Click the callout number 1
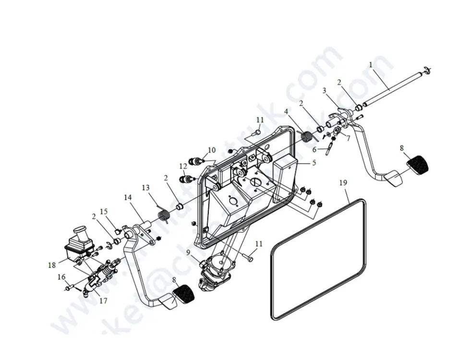click(371, 64)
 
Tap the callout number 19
click(343, 183)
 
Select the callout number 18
click(52, 265)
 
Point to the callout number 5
click(314, 163)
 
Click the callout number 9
click(188, 252)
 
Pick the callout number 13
click(146, 187)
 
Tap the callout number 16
click(61, 277)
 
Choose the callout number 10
click(212, 150)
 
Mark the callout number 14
click(128, 197)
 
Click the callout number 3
click(325, 90)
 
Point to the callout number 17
click(103, 301)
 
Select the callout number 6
click(314, 149)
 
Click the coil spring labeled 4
click(307, 136)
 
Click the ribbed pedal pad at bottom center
click(183, 293)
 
